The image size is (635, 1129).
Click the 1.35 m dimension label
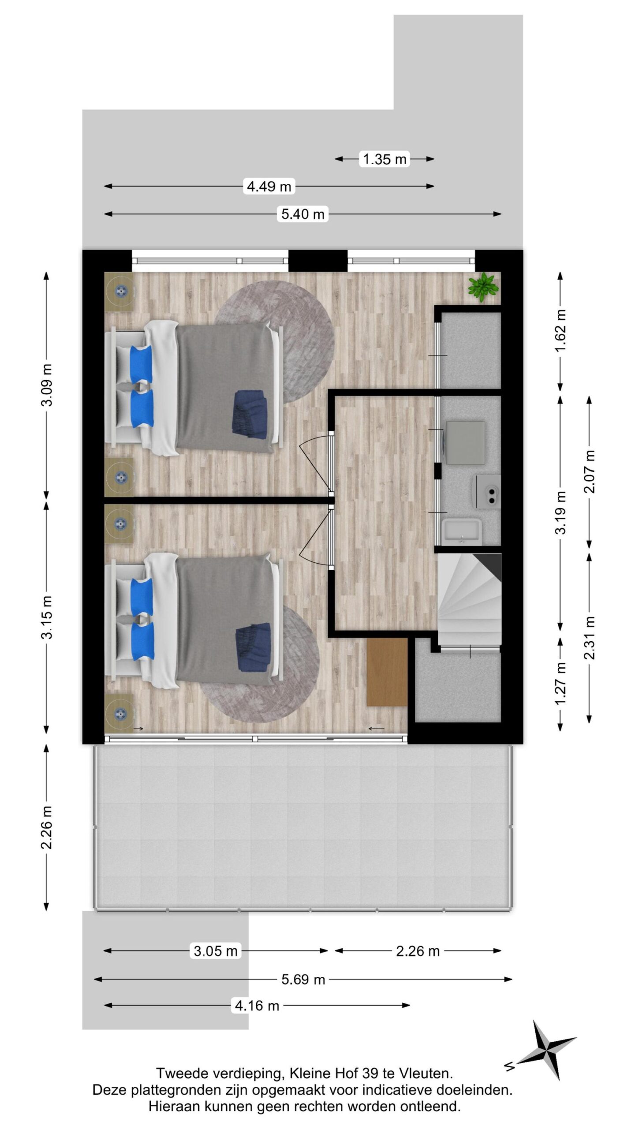pos(385,159)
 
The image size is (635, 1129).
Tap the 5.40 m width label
pos(303,214)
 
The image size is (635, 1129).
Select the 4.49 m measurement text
pos(269,187)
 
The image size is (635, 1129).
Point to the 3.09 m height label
pos(47,385)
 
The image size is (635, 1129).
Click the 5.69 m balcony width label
pos(303,979)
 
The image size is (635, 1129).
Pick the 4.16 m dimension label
pos(257,1006)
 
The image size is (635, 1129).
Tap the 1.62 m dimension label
pos(560,331)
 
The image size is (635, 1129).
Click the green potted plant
pos(483,287)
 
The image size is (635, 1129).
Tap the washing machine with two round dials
pos(487,491)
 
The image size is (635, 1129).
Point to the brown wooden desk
pos(387,672)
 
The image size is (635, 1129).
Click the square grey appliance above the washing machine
pos(465,442)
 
